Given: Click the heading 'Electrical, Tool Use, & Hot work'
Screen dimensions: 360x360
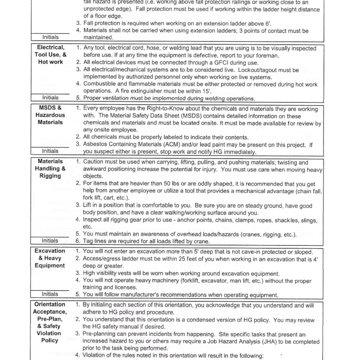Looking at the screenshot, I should click(x=51, y=54).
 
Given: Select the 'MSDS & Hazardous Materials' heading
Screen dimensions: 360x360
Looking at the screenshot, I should click(x=50, y=115).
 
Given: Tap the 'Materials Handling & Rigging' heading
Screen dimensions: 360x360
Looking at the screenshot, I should click(x=50, y=168).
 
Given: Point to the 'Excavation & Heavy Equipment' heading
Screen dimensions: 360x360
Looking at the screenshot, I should click(x=50, y=258).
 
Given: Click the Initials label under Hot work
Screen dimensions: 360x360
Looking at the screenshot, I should click(x=51, y=98).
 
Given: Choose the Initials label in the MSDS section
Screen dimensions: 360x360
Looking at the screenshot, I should click(x=50, y=151).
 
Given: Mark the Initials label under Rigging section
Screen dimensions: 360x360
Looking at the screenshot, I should click(x=50, y=241).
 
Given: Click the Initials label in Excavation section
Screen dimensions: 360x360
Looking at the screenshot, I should click(x=50, y=294).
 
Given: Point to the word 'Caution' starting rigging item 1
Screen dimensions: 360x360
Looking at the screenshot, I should click(x=94, y=162).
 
